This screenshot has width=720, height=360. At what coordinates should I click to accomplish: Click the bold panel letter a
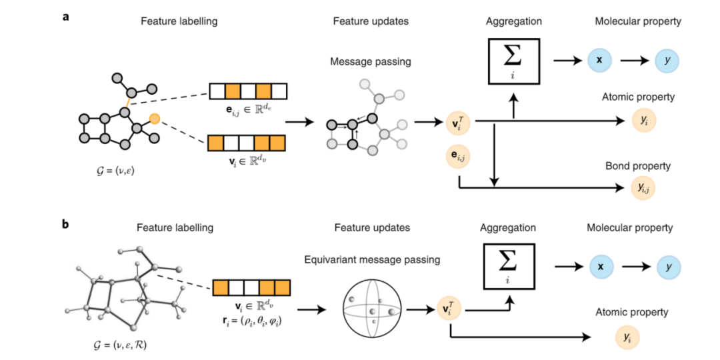[67, 18]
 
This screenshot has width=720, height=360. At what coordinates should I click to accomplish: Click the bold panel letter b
[67, 224]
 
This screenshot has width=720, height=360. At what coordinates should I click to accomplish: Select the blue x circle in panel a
[599, 60]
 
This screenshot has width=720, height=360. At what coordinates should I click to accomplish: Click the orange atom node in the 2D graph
[155, 119]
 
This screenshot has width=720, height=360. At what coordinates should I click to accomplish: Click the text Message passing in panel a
[371, 62]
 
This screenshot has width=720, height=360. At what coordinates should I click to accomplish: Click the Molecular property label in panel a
[638, 21]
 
